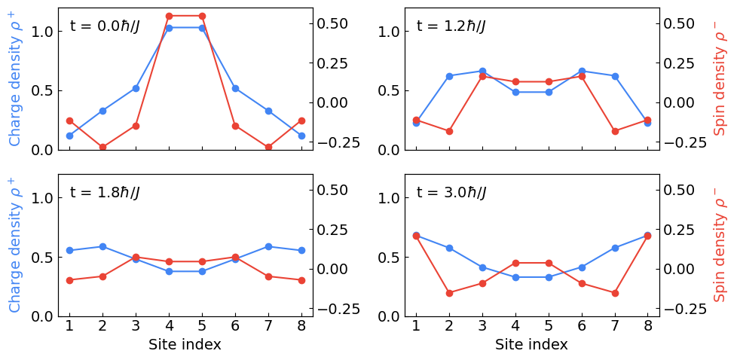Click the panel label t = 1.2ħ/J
(451, 26)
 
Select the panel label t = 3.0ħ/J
(451, 193)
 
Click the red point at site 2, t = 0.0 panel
(102, 148)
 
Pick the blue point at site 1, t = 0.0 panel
(69, 136)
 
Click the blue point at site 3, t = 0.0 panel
(136, 88)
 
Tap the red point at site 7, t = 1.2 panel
(615, 131)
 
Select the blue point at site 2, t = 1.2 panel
(449, 76)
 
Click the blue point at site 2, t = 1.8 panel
(102, 246)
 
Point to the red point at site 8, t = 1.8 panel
(301, 280)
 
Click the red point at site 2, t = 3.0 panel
(449, 293)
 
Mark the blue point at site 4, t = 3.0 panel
(515, 277)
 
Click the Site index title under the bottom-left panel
(185, 345)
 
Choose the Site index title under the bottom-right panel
(531, 345)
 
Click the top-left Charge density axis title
(15, 78)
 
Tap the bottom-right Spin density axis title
(720, 245)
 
